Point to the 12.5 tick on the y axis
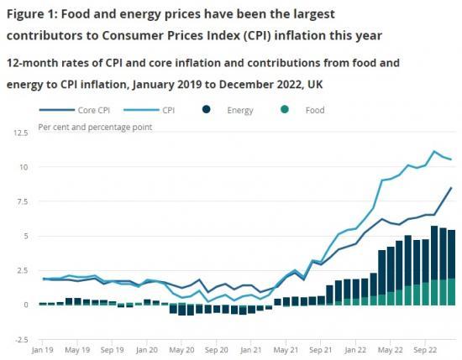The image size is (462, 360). tap(20, 133)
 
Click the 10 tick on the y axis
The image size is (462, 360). tap(25, 167)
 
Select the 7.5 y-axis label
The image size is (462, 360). tap(23, 201)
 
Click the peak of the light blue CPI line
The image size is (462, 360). tap(434, 152)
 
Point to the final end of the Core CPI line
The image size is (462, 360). tap(452, 188)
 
